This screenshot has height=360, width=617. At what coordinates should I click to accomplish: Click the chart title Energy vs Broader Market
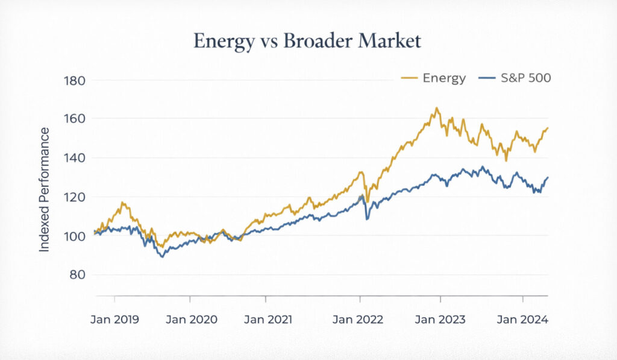click(x=307, y=41)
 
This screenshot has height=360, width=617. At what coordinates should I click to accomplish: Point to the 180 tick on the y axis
click(x=74, y=81)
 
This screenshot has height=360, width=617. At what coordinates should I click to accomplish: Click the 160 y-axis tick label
click(x=74, y=119)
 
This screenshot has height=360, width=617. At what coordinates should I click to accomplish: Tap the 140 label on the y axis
click(x=74, y=158)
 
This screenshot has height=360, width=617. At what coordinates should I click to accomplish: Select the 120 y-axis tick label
click(x=74, y=197)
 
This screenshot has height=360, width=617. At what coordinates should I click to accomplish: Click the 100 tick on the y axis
click(x=74, y=236)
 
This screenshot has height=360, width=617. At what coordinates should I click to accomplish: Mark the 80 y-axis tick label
click(x=77, y=275)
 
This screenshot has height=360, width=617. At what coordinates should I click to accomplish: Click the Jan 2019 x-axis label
click(x=114, y=320)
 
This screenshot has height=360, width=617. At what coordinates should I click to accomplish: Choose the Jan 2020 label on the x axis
click(x=190, y=320)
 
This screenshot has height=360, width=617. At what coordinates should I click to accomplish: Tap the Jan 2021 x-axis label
click(x=268, y=320)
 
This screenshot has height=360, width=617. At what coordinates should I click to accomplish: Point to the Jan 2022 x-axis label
click(x=359, y=320)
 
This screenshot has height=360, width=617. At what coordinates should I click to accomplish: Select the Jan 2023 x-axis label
click(x=440, y=320)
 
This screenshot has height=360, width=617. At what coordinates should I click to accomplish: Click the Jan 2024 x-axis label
click(x=522, y=320)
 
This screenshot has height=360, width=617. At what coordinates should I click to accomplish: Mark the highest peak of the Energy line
click(x=436, y=109)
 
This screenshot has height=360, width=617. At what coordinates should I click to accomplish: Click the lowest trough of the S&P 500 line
click(x=161, y=257)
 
